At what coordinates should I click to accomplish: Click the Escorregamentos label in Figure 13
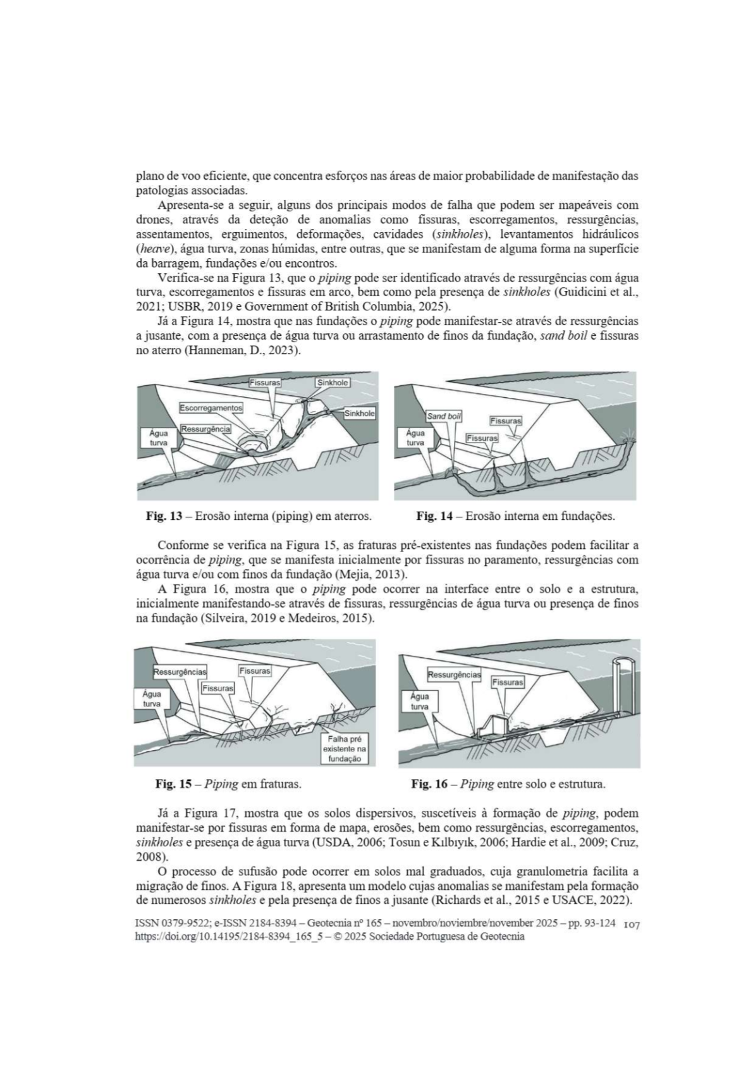point(211,408)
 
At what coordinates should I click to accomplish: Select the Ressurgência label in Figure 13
point(205,429)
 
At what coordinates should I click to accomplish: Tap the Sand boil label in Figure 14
point(444,416)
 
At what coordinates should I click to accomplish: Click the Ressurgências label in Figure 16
point(454,675)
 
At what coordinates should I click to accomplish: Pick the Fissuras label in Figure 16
point(508,682)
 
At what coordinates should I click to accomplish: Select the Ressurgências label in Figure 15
point(180,672)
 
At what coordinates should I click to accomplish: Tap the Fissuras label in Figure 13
point(265,383)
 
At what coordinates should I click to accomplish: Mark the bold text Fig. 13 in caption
point(164,516)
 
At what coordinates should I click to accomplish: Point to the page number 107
point(632,925)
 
